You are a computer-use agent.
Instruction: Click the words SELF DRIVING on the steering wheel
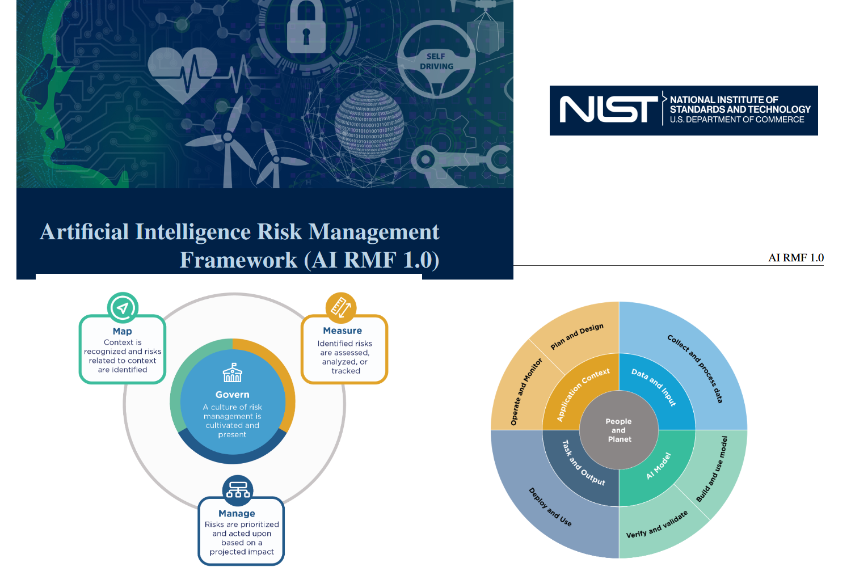(x=436, y=61)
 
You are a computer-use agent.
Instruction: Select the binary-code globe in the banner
(x=369, y=124)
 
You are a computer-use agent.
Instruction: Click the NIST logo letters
(x=609, y=110)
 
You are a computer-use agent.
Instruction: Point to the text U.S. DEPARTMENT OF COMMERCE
(x=737, y=120)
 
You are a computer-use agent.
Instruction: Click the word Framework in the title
(x=238, y=260)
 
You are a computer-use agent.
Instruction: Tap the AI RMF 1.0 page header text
(x=796, y=258)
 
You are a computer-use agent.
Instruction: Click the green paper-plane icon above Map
(x=123, y=308)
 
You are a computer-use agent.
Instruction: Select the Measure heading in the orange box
(x=342, y=331)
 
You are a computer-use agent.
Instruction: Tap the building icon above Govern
(x=232, y=373)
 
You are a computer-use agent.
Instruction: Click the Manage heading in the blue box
(x=237, y=514)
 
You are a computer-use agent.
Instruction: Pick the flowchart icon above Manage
(x=238, y=490)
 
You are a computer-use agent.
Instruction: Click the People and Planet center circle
(x=619, y=430)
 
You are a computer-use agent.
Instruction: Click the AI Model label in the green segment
(x=659, y=466)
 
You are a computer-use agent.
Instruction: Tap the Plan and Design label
(x=577, y=336)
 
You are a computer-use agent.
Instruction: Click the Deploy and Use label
(x=550, y=507)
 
